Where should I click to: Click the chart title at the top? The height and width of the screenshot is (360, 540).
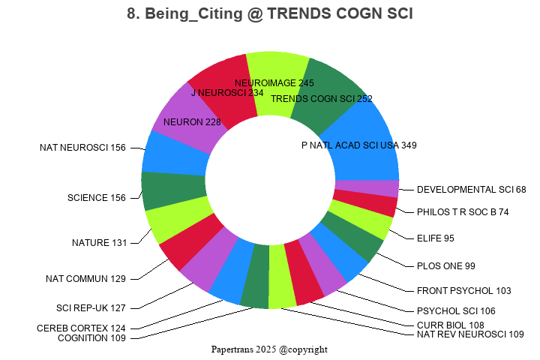tap(270, 14)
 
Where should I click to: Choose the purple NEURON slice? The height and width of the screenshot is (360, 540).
tap(184, 116)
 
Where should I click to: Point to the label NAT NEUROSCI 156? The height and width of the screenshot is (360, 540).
tap(82, 148)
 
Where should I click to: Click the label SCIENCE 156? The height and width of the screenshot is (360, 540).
tap(97, 198)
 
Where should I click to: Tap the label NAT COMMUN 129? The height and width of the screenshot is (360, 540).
tap(85, 279)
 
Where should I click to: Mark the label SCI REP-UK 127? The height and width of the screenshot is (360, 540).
tap(91, 307)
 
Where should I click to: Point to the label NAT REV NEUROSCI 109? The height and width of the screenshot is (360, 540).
tap(470, 334)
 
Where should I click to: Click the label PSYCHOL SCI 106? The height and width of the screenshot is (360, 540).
tap(456, 310)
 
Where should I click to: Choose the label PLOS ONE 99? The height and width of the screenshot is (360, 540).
tap(445, 265)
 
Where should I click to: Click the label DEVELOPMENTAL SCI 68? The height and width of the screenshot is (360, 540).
tap(471, 190)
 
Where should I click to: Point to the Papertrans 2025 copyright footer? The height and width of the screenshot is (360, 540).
tap(269, 349)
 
